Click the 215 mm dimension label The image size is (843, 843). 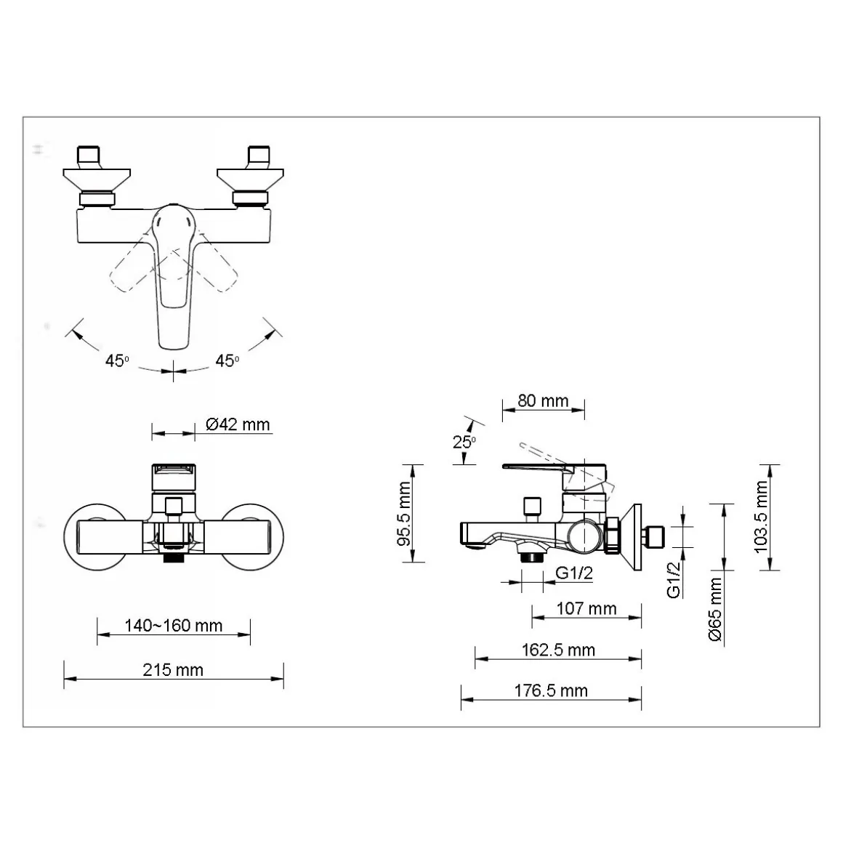(x=173, y=670)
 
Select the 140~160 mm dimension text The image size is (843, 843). (x=173, y=625)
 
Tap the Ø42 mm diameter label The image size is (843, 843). (x=238, y=424)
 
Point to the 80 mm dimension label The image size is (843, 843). (x=543, y=400)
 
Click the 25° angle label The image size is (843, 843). (x=464, y=442)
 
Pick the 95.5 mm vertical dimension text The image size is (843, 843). (x=404, y=514)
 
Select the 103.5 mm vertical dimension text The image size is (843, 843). (x=762, y=517)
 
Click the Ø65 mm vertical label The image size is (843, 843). (x=715, y=609)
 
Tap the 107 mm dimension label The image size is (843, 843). (x=586, y=608)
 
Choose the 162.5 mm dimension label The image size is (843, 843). (x=558, y=650)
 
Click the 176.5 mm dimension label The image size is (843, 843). (x=551, y=690)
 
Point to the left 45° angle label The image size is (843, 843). (x=117, y=360)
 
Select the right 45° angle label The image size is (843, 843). (x=227, y=360)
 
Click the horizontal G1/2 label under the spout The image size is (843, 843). (x=573, y=573)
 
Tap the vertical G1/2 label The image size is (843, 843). (x=674, y=580)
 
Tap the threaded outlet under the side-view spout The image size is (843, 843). (x=532, y=557)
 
